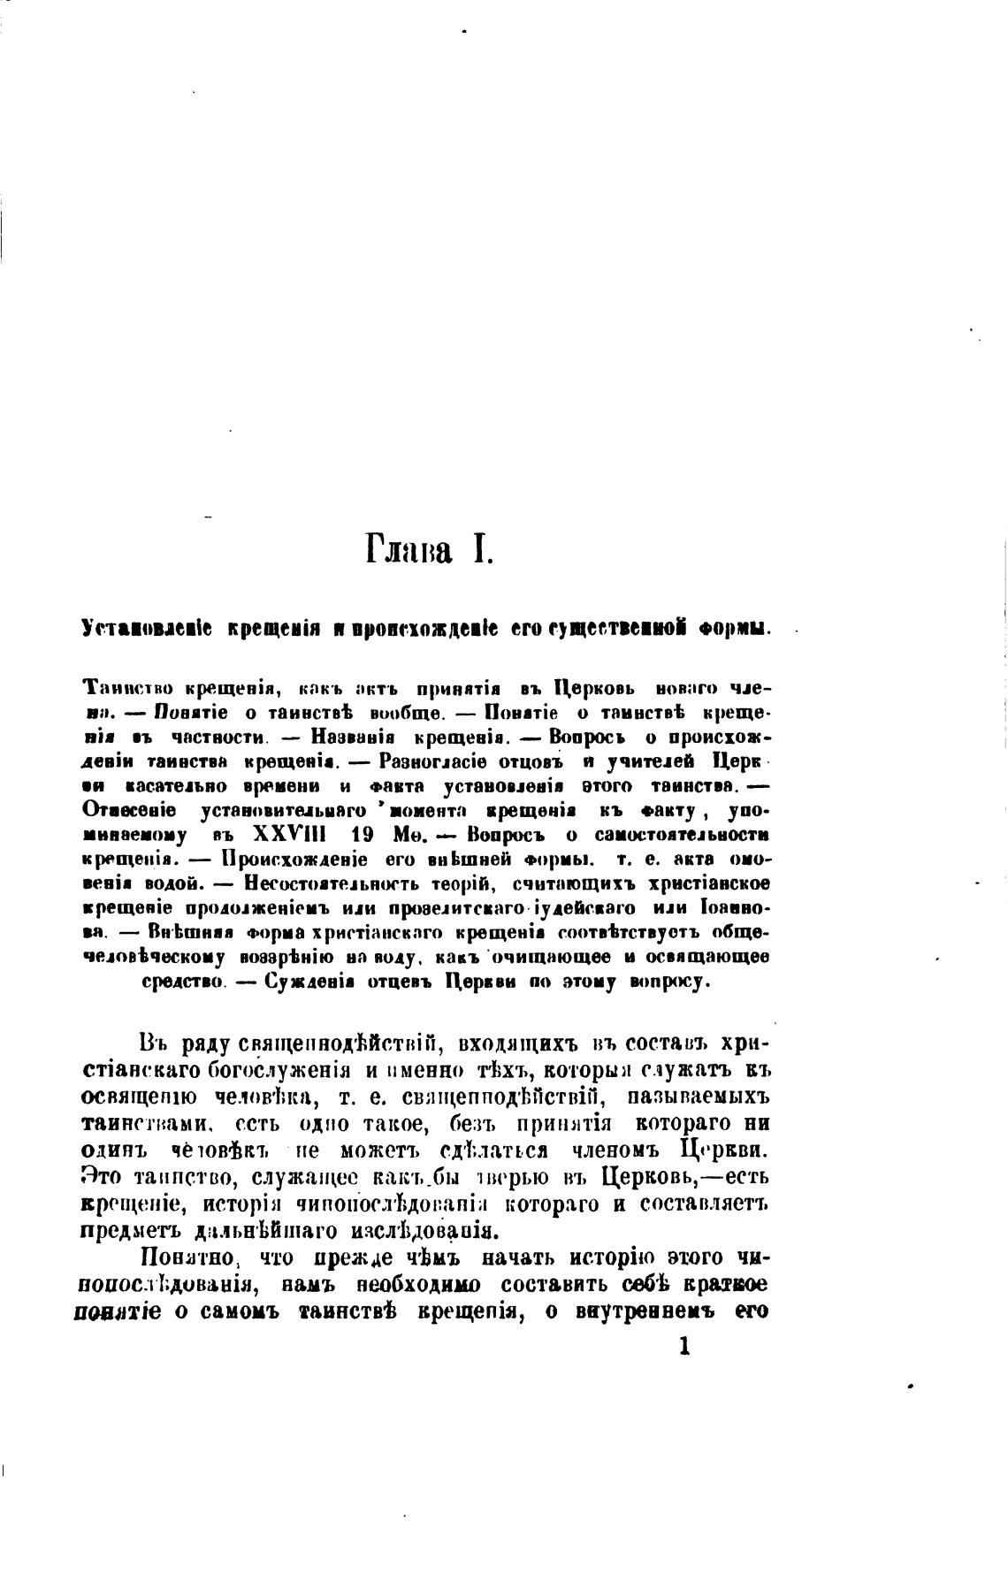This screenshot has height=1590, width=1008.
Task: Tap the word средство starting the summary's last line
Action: coord(182,982)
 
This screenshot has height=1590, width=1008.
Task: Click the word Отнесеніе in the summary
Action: coord(129,810)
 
